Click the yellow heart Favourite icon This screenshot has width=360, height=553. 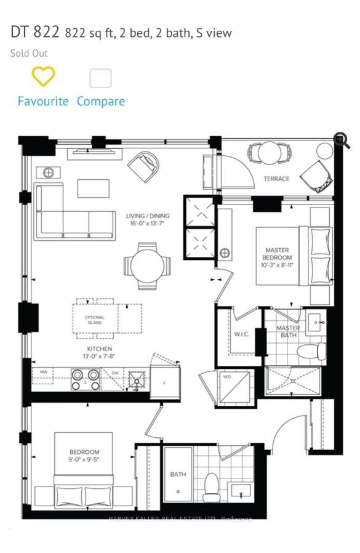43,77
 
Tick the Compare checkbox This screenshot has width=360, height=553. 100,78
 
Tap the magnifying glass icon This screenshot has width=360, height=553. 342,140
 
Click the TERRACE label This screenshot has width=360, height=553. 276,179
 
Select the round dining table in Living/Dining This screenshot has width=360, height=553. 147,265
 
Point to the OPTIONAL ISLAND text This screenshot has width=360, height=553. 95,321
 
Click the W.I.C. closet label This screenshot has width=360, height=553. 241,335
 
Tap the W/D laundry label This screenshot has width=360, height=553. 227,376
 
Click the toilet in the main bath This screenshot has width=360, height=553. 212,486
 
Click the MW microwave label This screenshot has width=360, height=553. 44,373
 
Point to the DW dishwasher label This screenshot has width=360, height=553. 115,373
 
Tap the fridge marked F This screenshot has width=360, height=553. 165,383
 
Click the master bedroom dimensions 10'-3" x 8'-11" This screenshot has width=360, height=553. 276,265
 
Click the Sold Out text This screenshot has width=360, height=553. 29,53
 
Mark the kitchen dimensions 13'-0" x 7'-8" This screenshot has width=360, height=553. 99,357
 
